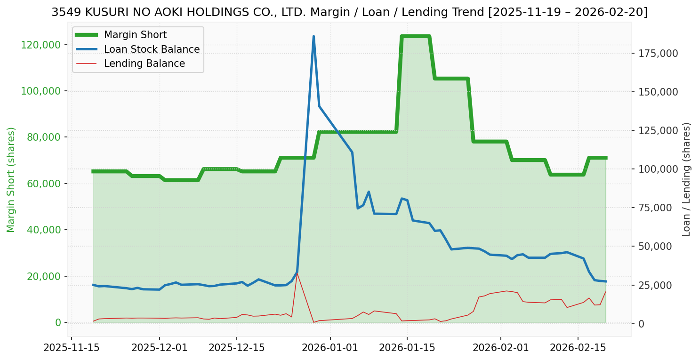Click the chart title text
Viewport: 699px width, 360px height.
coord(349,13)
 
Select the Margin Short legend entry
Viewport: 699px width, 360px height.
coord(135,35)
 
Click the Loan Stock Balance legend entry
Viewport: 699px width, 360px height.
coord(152,49)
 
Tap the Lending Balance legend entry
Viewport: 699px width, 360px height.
coord(144,64)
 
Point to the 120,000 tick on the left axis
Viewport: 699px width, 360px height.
coord(42,45)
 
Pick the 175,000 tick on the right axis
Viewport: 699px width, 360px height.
coord(658,53)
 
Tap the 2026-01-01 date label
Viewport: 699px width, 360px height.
coord(330,349)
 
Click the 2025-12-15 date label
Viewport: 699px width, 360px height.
coord(236,349)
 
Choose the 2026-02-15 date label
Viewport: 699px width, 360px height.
coord(578,349)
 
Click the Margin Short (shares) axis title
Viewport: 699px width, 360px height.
coord(11,180)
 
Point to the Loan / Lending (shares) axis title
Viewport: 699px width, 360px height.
coord(686,180)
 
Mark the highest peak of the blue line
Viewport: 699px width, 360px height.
coord(313,36)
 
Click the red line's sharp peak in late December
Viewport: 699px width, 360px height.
coord(297,272)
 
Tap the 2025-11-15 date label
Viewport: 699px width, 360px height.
coord(72,349)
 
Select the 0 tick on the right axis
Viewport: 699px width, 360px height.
coord(641,324)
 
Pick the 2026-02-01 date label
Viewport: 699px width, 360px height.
coord(501,349)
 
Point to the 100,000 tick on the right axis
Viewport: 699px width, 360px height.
coord(658,169)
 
